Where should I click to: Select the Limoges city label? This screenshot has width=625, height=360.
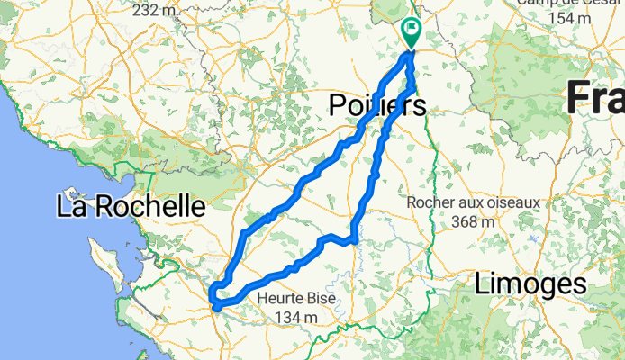[x=530, y=285]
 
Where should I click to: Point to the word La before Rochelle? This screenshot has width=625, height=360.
[x=71, y=206]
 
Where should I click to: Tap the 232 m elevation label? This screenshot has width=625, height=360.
[x=155, y=10]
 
